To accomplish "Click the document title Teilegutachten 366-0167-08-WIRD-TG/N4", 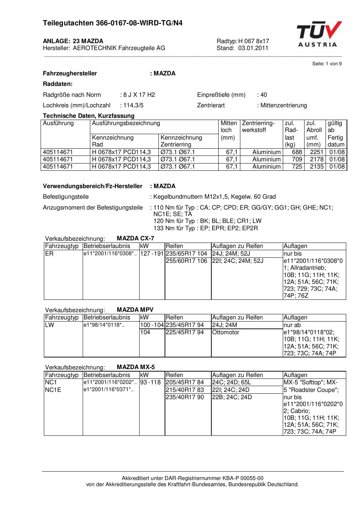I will (x=113, y=23).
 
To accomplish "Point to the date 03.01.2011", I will (x=253, y=48).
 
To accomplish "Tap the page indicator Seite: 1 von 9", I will (x=327, y=64).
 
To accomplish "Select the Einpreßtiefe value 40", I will (x=264, y=95).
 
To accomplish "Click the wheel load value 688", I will (x=297, y=152).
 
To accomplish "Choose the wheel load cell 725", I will (x=297, y=167).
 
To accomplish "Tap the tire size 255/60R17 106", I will (x=186, y=261).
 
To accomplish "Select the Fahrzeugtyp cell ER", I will (x=49, y=254).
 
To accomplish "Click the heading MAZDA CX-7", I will (x=135, y=239).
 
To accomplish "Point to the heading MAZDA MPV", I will (x=135, y=310).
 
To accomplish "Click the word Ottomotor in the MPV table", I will (x=225, y=332).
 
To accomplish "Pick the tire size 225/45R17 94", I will (x=185, y=332).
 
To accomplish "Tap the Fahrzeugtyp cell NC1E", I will (x=53, y=390).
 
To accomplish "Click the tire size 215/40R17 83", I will (x=185, y=390).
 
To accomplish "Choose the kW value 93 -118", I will (x=150, y=382).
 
